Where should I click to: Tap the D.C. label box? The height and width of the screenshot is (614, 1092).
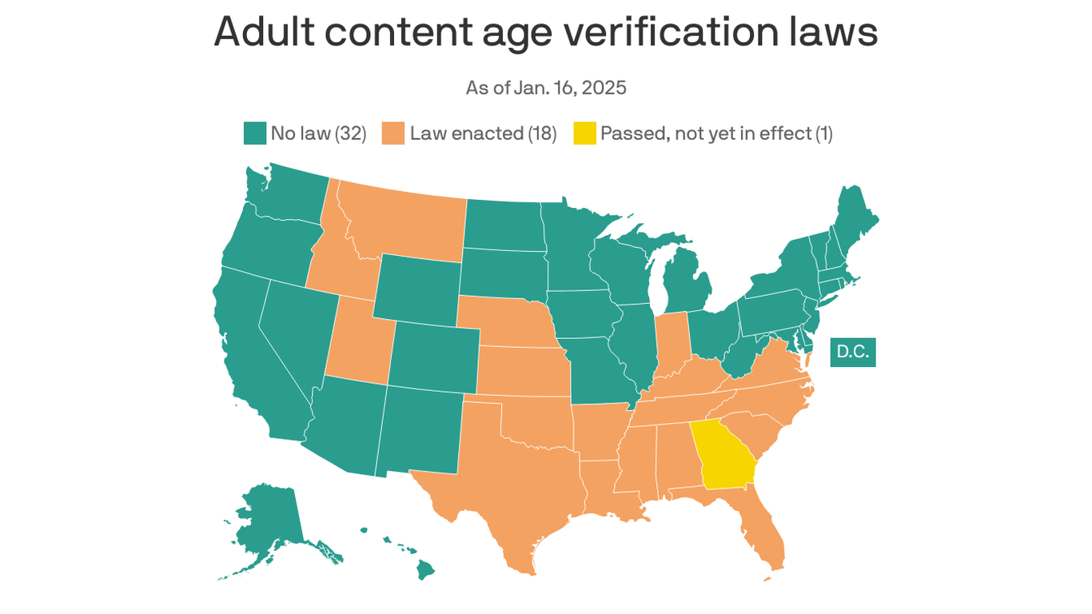click(x=853, y=352)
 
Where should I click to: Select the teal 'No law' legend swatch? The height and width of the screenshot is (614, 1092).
click(x=254, y=134)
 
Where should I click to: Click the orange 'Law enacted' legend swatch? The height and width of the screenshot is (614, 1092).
click(x=393, y=134)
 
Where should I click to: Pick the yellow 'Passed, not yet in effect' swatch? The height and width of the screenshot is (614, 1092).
click(x=584, y=134)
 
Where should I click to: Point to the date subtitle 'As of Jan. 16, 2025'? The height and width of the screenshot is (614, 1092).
click(x=546, y=88)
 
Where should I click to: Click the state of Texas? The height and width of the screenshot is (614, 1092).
click(x=512, y=480)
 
